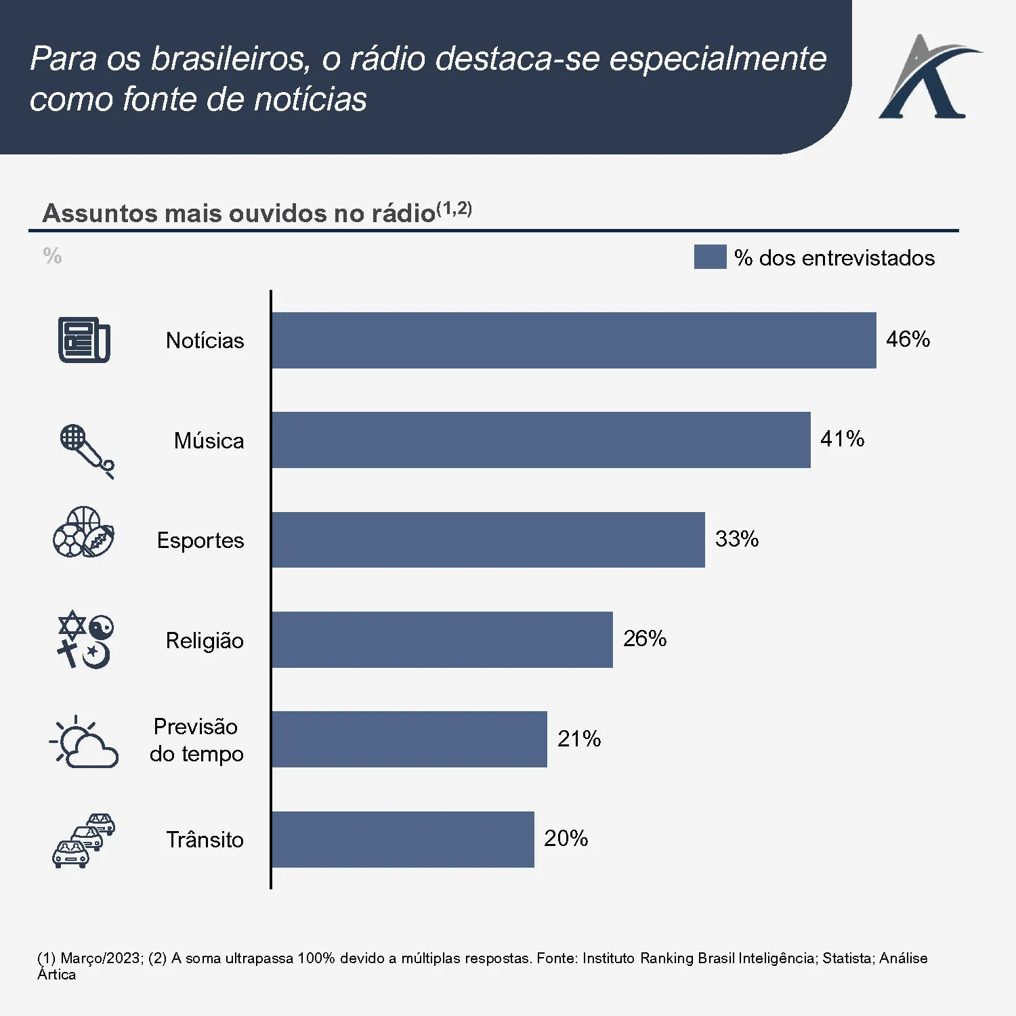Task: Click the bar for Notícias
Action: click(574, 340)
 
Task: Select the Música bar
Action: click(541, 440)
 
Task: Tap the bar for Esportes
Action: click(488, 540)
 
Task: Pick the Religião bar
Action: click(442, 639)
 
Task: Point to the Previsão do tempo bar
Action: click(409, 739)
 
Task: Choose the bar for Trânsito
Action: click(402, 839)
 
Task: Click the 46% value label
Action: click(908, 339)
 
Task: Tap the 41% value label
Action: click(842, 439)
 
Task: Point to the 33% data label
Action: click(737, 538)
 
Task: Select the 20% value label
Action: click(566, 839)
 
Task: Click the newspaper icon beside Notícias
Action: click(84, 340)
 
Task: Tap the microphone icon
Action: click(87, 450)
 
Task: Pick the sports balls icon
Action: click(84, 532)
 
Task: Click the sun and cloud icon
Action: click(85, 742)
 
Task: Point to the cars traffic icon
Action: click(84, 841)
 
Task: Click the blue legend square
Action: click(710, 257)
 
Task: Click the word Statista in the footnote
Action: click(848, 958)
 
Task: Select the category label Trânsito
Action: click(205, 840)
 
